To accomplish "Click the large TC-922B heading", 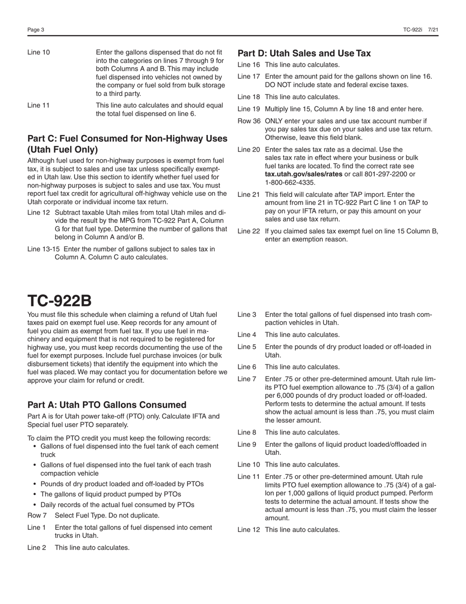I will point(59,301).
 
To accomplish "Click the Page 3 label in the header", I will point(36,30).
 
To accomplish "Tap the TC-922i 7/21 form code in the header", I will point(420,30).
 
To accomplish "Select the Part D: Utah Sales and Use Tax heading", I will point(304,53).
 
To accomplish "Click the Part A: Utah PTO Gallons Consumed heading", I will point(107,405).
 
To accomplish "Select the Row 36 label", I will point(249,121).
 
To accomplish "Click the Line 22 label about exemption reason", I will point(249,231).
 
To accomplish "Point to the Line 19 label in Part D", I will point(249,109).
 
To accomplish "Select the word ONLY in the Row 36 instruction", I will point(275,121).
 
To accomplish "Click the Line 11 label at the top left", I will point(38,106).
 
